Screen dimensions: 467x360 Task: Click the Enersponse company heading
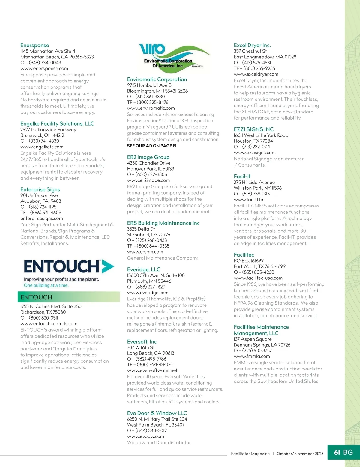click(x=34, y=45)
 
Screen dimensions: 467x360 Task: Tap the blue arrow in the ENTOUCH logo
click(x=108, y=266)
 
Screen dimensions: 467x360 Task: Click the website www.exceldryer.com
click(x=256, y=74)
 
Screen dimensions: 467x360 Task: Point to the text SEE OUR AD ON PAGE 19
click(x=151, y=146)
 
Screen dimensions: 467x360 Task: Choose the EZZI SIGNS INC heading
click(x=253, y=129)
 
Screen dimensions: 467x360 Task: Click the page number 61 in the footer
click(x=337, y=452)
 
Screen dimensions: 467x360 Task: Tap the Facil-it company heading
click(x=242, y=176)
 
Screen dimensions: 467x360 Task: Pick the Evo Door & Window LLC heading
click(x=157, y=413)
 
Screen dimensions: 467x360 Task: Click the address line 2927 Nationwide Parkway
click(x=48, y=129)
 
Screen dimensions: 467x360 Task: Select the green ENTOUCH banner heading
click(x=36, y=297)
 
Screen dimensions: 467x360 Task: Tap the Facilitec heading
click(x=244, y=255)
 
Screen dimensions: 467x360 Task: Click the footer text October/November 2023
click(x=300, y=454)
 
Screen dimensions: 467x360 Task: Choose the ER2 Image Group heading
click(x=148, y=157)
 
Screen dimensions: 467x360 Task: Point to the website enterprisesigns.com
click(x=42, y=219)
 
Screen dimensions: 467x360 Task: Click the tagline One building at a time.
click(x=46, y=285)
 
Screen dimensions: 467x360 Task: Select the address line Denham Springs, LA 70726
click(x=262, y=345)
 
